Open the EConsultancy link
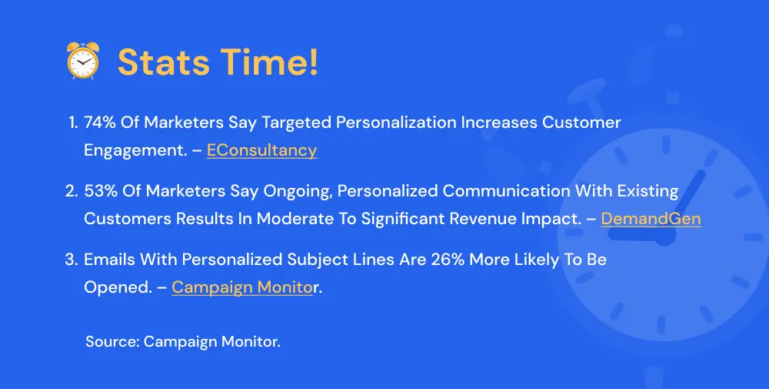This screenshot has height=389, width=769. pos(261,150)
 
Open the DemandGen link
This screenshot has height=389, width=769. pos(651,218)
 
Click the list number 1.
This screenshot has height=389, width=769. pos(73,122)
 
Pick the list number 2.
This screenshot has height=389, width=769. pos(72,190)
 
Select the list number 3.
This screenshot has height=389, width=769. pos(72,259)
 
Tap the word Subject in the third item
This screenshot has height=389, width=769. pos(301,259)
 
